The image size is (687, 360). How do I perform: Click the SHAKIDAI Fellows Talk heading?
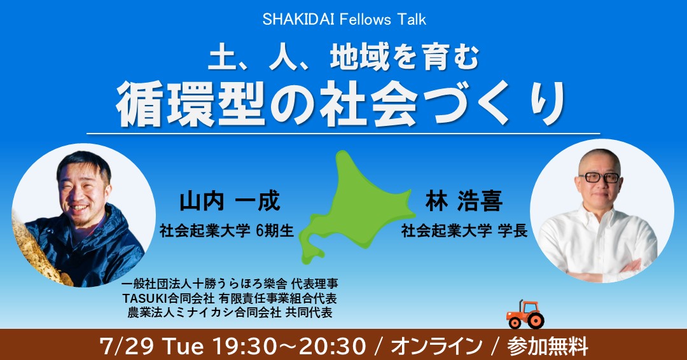pyautogui.click(x=344, y=20)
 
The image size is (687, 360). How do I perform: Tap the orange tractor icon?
pyautogui.click(x=525, y=314)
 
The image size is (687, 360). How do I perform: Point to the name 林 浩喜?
pyautogui.click(x=464, y=202)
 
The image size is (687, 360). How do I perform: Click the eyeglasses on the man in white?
pyautogui.click(x=599, y=177)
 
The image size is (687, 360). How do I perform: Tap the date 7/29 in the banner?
pyautogui.click(x=127, y=346)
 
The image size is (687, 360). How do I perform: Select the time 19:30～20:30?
pyautogui.click(x=289, y=346)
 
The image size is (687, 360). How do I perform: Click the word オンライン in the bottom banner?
pyautogui.click(x=436, y=347)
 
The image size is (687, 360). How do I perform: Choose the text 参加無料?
pyautogui.click(x=548, y=347)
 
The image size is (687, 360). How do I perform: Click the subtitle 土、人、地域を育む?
pyautogui.click(x=343, y=59)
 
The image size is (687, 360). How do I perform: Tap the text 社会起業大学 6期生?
pyautogui.click(x=226, y=231)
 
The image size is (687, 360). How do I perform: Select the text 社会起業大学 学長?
pyautogui.click(x=464, y=231)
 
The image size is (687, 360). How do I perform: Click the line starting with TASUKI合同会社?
pyautogui.click(x=230, y=298)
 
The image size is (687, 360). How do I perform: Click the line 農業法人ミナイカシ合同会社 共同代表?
pyautogui.click(x=230, y=312)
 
